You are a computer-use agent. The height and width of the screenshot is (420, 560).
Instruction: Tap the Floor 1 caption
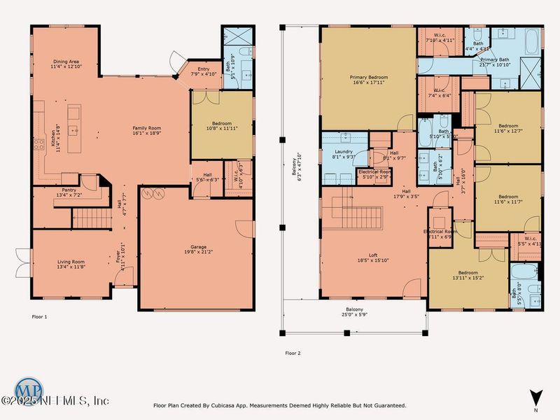[40, 317]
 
